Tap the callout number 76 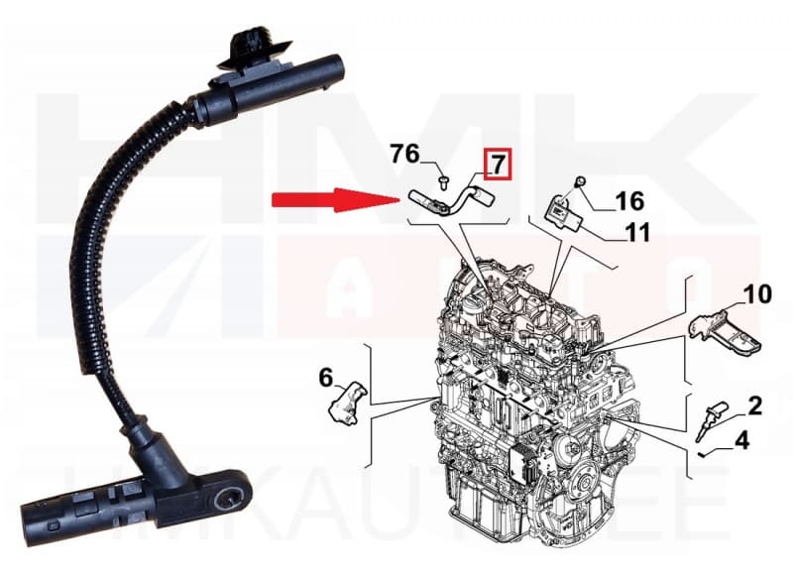tap(404, 154)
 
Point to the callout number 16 tap(628, 202)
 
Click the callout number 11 tap(637, 234)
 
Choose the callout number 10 tap(757, 293)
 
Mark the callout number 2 tap(754, 405)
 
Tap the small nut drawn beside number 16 tap(579, 182)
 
